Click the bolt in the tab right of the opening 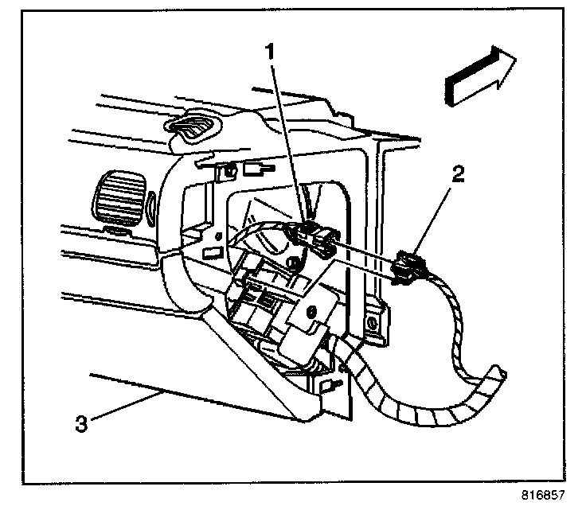coord(371,325)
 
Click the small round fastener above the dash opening coord(229,169)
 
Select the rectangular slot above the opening coord(256,168)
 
